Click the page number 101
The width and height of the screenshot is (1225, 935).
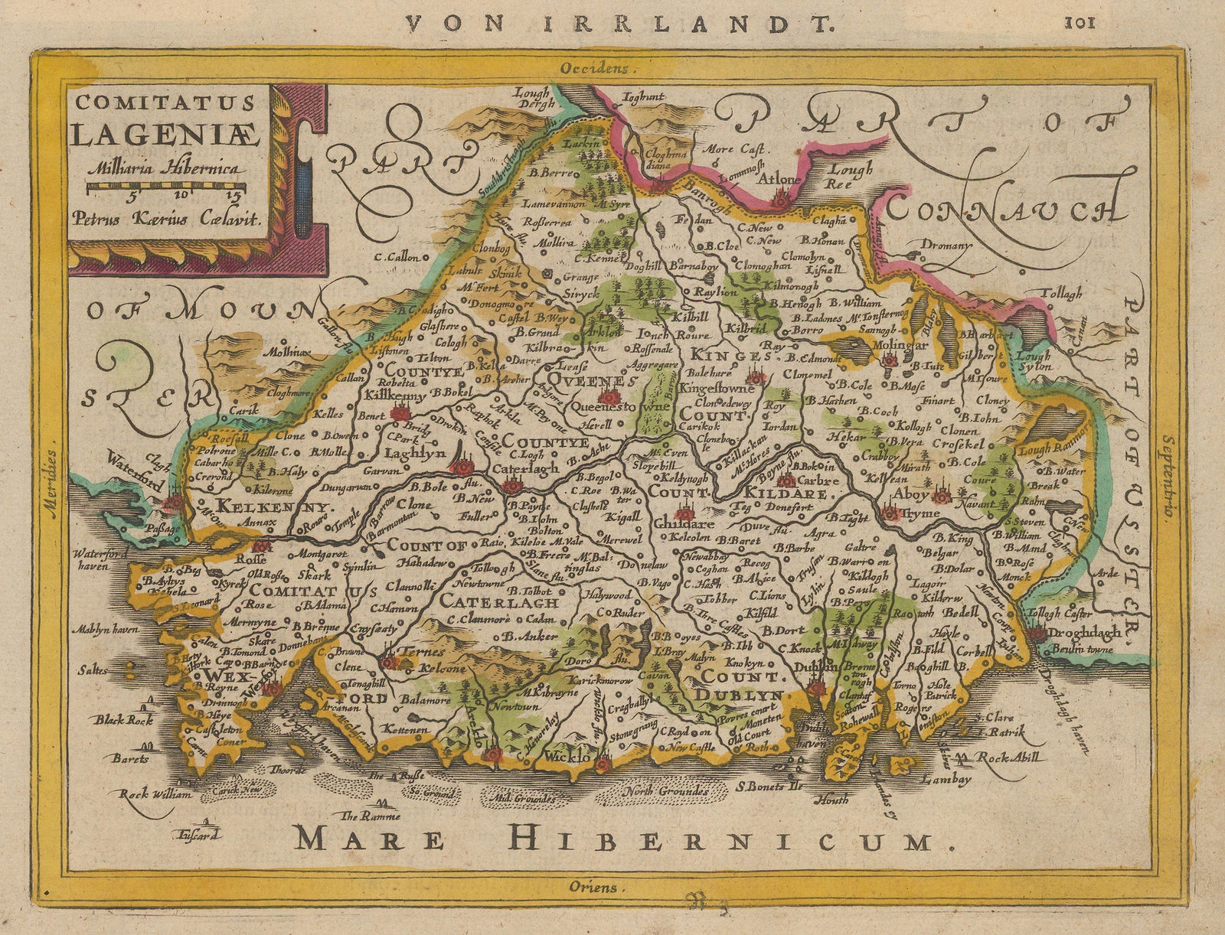point(1080,22)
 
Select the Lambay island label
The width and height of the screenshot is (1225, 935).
point(946,780)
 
